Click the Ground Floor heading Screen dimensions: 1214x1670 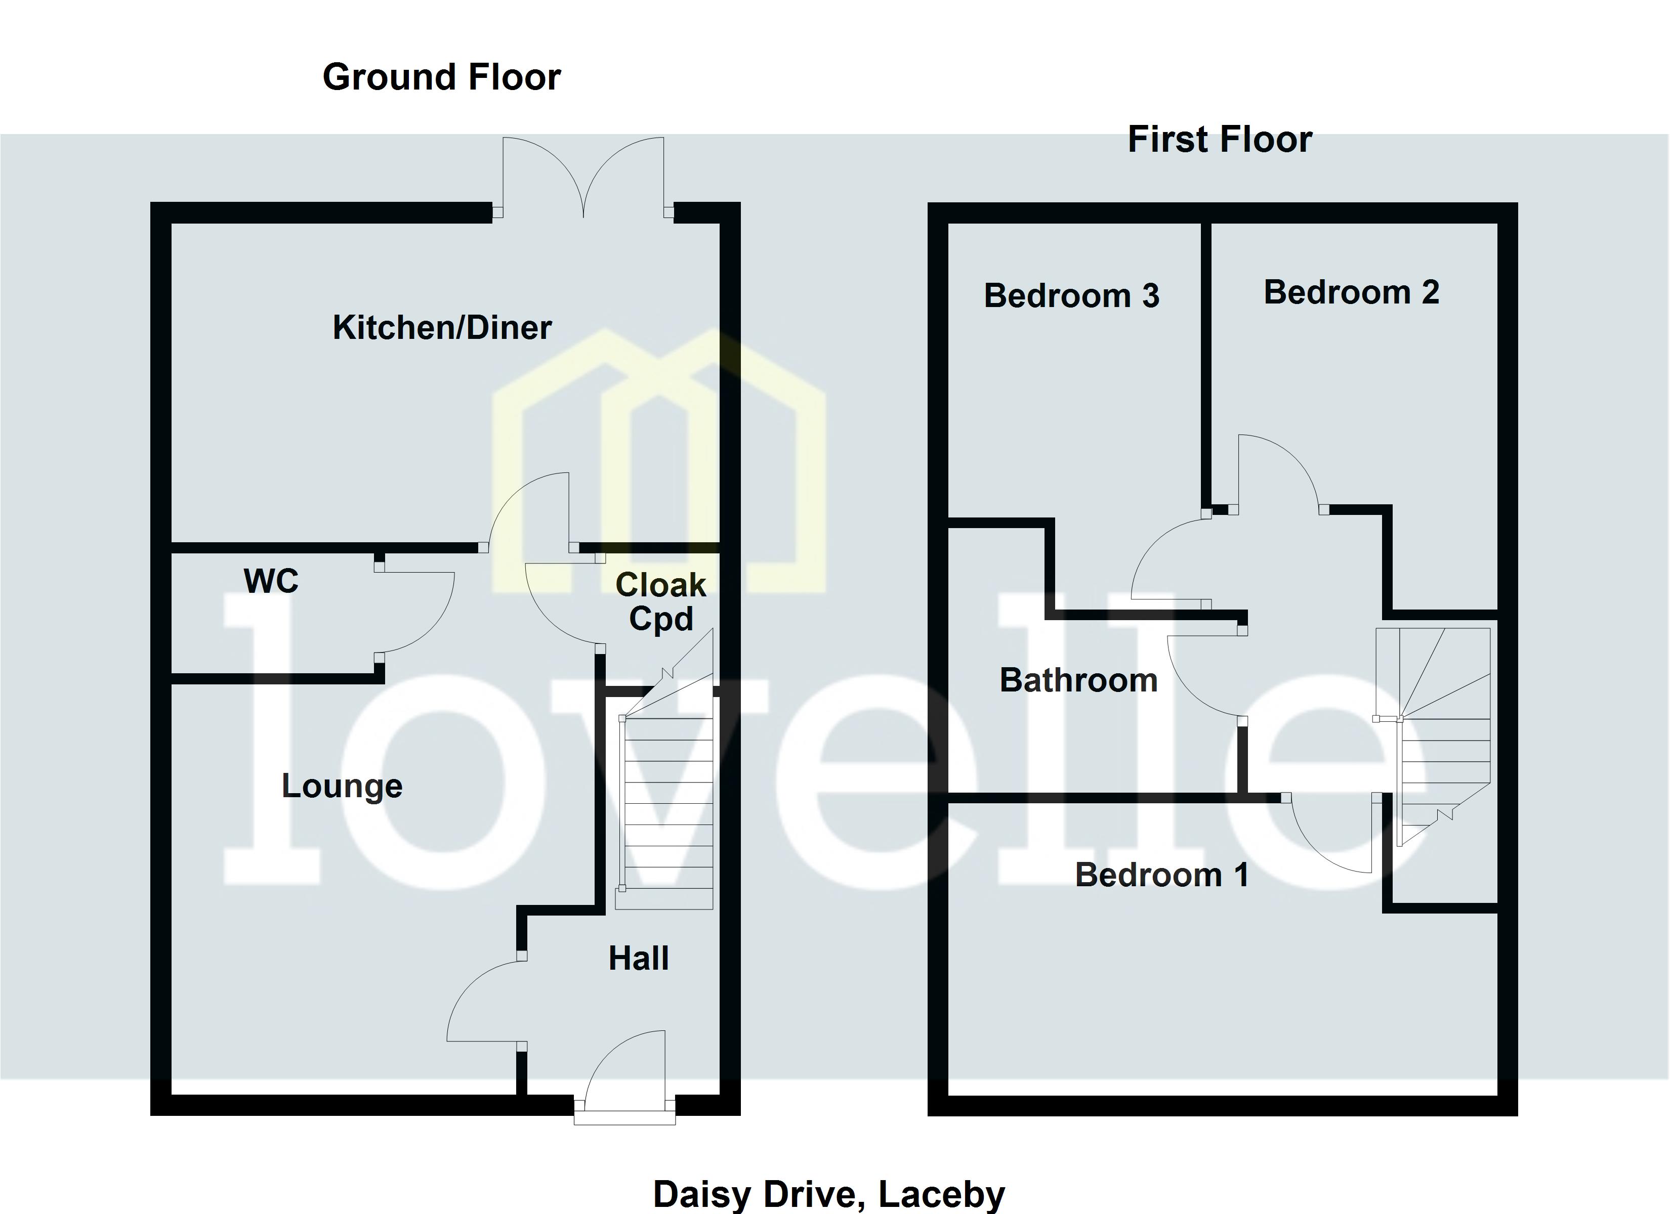pyautogui.click(x=442, y=77)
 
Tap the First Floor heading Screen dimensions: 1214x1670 pyautogui.click(x=1220, y=140)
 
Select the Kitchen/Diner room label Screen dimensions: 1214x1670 pyautogui.click(x=442, y=328)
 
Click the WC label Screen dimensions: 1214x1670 pyautogui.click(x=271, y=582)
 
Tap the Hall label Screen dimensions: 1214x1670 pyautogui.click(x=639, y=959)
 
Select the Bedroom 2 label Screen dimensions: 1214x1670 pyautogui.click(x=1351, y=292)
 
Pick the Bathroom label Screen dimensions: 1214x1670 pyautogui.click(x=1078, y=680)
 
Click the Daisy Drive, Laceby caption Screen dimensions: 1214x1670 pyautogui.click(x=828, y=1194)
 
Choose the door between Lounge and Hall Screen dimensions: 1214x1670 pyautogui.click(x=482, y=1001)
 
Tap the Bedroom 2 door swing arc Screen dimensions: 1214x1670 pyautogui.click(x=1277, y=471)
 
